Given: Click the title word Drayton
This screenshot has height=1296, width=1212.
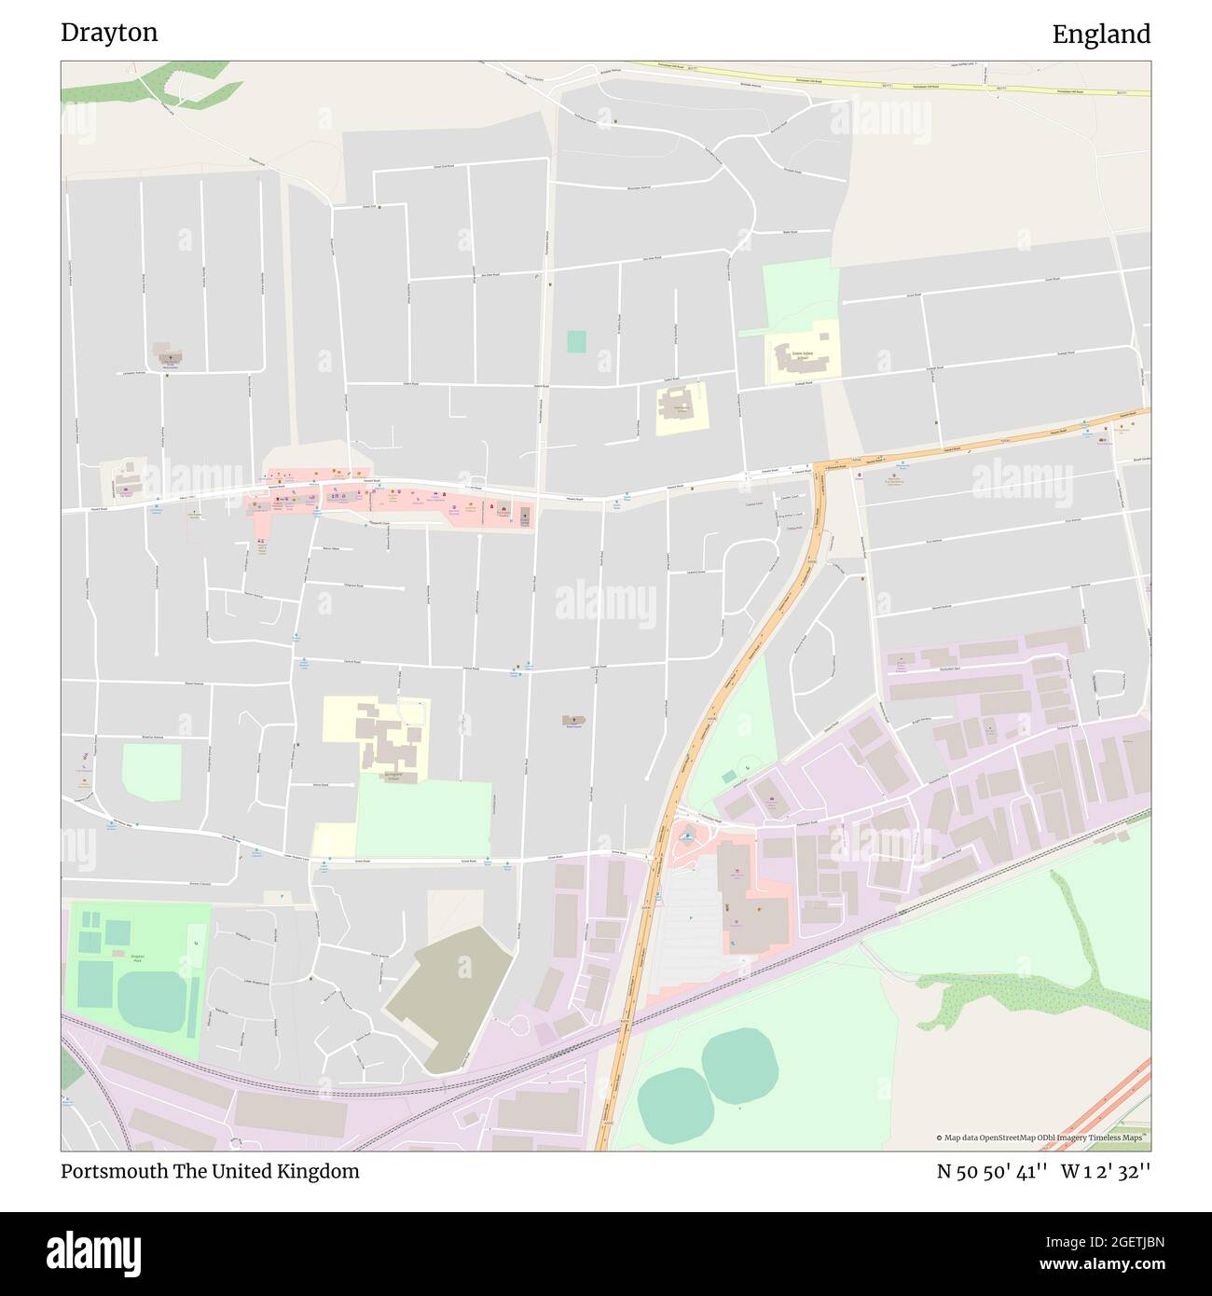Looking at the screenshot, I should (109, 33).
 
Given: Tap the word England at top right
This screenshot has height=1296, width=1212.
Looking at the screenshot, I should (1101, 34).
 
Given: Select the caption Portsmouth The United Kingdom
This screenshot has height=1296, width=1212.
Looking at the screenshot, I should (210, 1171).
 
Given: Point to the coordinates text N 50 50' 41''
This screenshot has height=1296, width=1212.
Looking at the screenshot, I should (991, 1171).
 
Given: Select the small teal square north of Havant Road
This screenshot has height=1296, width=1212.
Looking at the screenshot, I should (576, 341).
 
